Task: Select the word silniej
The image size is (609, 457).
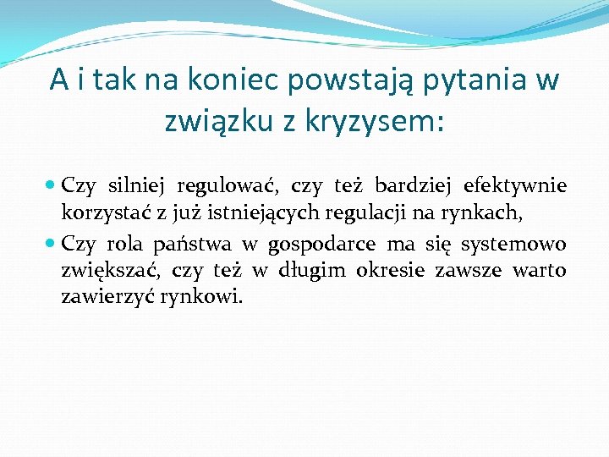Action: coord(136,186)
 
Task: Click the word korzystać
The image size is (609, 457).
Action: coord(97,212)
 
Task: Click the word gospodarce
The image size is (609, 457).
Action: coord(321,245)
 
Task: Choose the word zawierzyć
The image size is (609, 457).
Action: coord(100,297)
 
